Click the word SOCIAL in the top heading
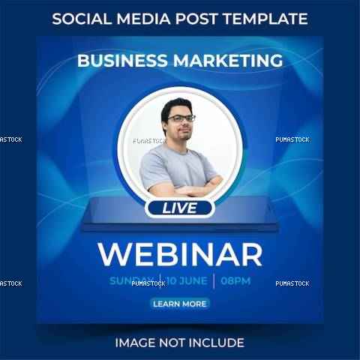click(82, 19)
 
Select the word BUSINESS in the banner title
click(122, 61)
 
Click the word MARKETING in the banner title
click(228, 61)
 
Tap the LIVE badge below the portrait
click(180, 208)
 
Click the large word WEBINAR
click(180, 254)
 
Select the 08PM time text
click(235, 281)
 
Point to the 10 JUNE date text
click(187, 281)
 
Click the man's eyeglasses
click(181, 118)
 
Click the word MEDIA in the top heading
click(143, 19)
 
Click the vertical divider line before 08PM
click(214, 281)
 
